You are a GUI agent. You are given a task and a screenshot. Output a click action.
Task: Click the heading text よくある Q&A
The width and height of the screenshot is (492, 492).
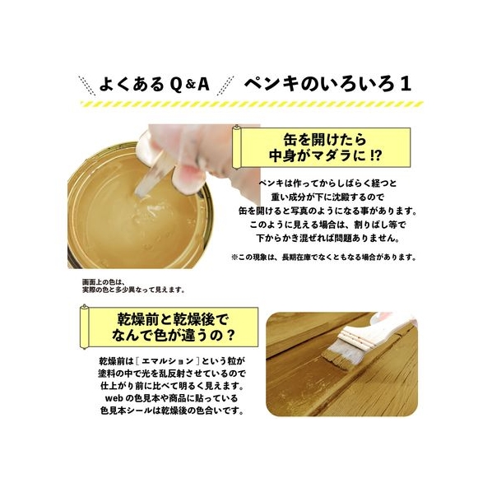click(x=154, y=85)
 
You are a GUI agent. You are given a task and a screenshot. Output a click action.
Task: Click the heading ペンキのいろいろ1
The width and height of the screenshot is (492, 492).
click(x=327, y=85)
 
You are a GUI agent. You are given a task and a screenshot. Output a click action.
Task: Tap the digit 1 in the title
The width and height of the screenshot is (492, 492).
click(x=406, y=85)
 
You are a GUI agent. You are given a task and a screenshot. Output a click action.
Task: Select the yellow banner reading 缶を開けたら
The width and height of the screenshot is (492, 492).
click(x=322, y=148)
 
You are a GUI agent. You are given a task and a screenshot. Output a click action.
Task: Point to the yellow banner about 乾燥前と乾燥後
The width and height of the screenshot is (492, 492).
click(x=169, y=327)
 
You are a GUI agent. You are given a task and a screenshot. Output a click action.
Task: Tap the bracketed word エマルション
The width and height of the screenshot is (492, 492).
click(x=168, y=361)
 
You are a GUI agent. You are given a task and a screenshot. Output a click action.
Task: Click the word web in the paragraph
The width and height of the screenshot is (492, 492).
click(x=114, y=398)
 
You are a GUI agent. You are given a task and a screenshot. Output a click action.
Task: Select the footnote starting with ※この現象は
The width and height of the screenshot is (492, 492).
click(x=324, y=258)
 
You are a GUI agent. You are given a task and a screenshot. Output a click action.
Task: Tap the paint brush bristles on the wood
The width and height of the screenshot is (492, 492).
click(x=340, y=360)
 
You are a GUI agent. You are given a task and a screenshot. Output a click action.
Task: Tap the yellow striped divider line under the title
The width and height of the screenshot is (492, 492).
click(x=252, y=104)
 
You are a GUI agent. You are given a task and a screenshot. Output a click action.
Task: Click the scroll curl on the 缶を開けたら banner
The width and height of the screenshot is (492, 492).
click(x=237, y=146)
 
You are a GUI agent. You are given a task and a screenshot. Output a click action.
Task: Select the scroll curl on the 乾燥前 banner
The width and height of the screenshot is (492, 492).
click(x=85, y=327)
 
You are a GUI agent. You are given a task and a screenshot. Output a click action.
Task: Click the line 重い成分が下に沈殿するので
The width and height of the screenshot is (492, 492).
click(x=327, y=197)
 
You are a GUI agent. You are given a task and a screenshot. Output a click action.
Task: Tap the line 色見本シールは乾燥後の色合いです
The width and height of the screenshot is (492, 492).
click(x=172, y=411)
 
